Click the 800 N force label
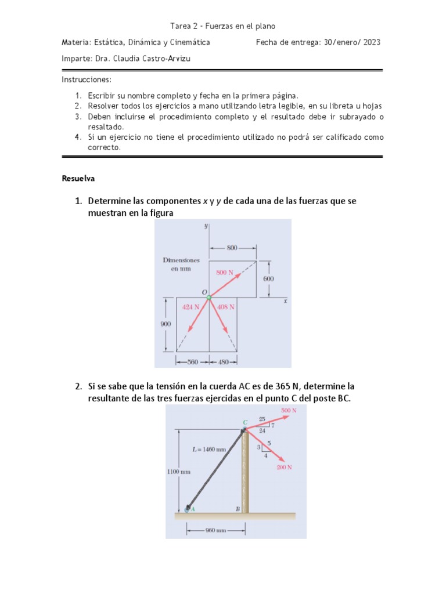(225, 272)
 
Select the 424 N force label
(191, 307)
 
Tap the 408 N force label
(226, 307)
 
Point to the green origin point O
(209, 297)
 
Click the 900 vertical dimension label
(166, 325)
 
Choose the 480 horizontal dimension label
(224, 361)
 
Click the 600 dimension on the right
(268, 279)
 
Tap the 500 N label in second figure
(289, 411)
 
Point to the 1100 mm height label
(179, 472)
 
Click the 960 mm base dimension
(215, 530)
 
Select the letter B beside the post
(238, 509)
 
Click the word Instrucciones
(87, 79)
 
